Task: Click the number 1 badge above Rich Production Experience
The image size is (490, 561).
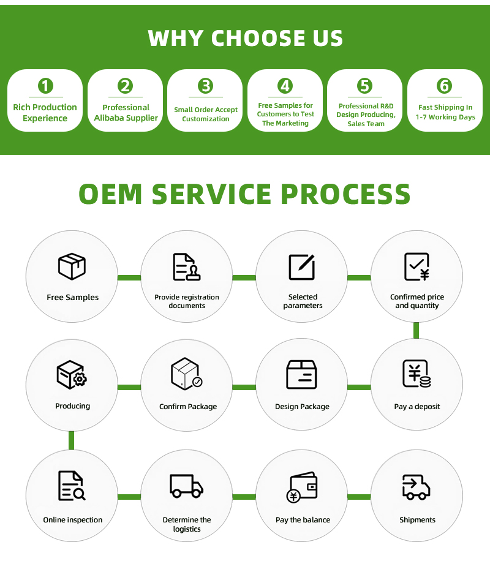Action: click(x=45, y=86)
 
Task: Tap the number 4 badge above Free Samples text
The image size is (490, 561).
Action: click(x=285, y=86)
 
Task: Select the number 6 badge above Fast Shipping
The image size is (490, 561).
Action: click(x=445, y=86)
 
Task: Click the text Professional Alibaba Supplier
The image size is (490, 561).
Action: click(x=126, y=113)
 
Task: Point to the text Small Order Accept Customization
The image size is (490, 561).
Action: click(x=206, y=115)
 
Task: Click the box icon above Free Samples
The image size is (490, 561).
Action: click(x=72, y=266)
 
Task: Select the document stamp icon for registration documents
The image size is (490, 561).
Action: click(x=186, y=267)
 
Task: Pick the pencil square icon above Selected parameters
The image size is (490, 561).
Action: click(x=302, y=266)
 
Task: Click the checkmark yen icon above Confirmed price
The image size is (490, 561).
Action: click(x=417, y=266)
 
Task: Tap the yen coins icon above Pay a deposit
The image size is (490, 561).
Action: click(x=417, y=374)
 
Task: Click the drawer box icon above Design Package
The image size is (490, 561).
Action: click(x=302, y=374)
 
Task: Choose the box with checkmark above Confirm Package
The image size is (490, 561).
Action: click(x=186, y=374)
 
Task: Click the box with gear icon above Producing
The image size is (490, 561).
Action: click(x=71, y=374)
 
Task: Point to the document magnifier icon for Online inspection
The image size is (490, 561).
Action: click(x=71, y=486)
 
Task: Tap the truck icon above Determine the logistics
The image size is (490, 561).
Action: click(x=186, y=486)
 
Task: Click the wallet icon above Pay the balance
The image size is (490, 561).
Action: click(x=302, y=487)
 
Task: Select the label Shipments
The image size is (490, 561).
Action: click(x=417, y=520)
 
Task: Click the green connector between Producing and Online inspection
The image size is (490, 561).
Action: click(x=72, y=440)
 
